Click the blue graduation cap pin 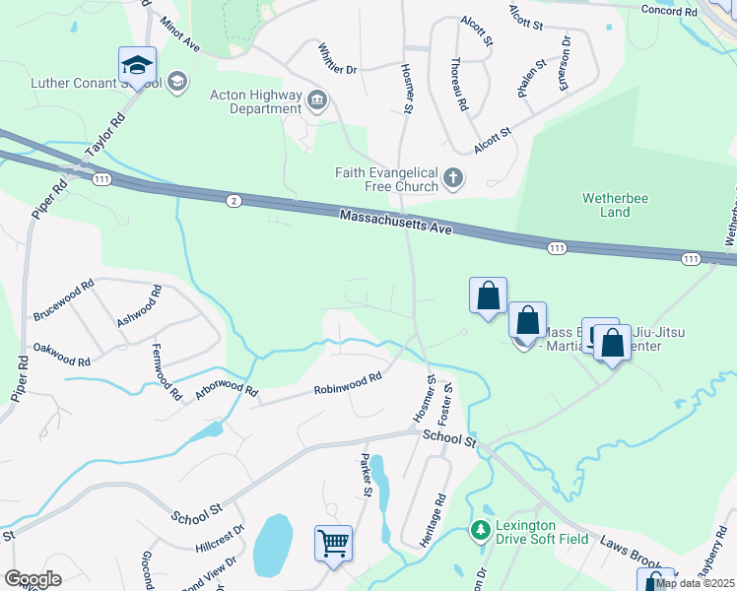pos(138,66)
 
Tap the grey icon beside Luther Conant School pos(178,81)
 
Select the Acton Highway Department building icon pos(317,98)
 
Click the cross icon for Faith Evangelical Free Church pos(452,177)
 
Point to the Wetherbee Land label pos(606,205)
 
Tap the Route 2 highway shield pos(232,200)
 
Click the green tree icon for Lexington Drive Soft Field pos(480,530)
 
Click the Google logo pos(33,578)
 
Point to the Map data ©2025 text pos(695,583)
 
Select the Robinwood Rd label pos(348,383)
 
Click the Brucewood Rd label pos(63,299)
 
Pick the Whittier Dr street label pos(337,58)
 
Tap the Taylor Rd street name pos(106,136)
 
